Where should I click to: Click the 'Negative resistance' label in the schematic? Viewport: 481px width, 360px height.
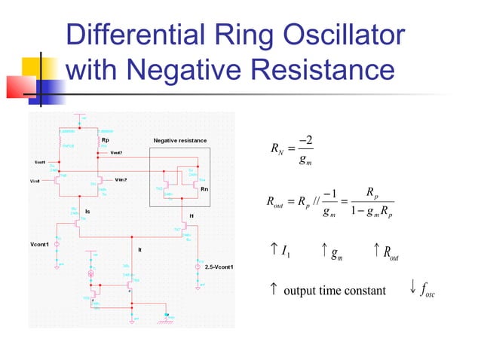(x=179, y=141)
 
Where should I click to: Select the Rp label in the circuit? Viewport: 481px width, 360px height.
(x=104, y=140)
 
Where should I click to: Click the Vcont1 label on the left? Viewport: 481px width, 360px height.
(x=41, y=245)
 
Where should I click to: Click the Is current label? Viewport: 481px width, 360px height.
(x=88, y=212)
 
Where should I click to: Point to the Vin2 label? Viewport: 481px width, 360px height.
(x=121, y=180)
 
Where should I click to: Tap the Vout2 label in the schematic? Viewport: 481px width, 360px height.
(x=116, y=153)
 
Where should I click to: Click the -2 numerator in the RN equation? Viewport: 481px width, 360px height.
(x=305, y=141)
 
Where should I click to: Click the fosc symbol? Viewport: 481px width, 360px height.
(x=427, y=290)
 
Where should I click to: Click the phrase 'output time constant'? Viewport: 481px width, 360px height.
(x=334, y=291)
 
